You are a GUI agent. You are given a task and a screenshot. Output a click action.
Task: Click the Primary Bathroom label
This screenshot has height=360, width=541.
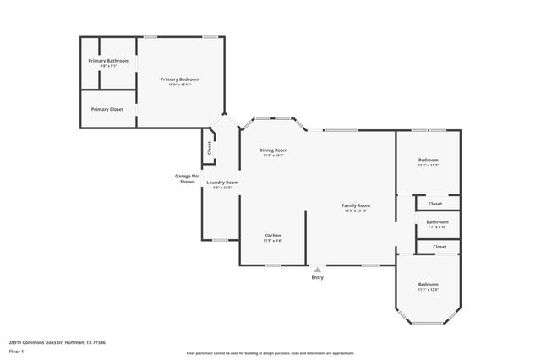click(109, 61)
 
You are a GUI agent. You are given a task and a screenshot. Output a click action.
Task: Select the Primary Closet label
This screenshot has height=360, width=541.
click(107, 109)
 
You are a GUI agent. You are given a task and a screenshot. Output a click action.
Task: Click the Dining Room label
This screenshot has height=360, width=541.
click(273, 150)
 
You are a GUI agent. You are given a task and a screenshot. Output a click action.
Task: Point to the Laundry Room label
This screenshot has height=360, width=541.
click(222, 183)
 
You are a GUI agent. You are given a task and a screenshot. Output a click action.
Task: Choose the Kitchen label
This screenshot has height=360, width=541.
click(272, 235)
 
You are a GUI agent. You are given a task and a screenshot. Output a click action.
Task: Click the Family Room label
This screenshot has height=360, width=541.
click(356, 205)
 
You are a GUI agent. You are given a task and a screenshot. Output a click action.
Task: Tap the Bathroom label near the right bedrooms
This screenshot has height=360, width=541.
click(437, 222)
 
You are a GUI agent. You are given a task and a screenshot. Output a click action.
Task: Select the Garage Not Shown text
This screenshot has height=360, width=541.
click(185, 178)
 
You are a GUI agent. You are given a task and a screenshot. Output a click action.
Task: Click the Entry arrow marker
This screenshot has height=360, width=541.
click(317, 270)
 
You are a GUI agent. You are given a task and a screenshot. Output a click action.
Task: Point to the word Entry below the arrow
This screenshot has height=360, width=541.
click(317, 277)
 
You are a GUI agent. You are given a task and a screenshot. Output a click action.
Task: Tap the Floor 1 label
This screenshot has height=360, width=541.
click(16, 350)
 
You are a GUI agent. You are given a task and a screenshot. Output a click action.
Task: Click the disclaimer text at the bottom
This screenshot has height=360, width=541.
click(270, 352)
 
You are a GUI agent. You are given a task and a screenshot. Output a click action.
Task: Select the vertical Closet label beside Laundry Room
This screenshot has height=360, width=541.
click(209, 147)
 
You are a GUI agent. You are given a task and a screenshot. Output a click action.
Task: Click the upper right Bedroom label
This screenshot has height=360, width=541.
click(428, 160)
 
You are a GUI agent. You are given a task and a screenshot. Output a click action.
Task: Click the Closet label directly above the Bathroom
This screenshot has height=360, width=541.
click(434, 203)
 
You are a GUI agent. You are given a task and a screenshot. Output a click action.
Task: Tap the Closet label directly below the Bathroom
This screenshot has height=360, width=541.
click(440, 246)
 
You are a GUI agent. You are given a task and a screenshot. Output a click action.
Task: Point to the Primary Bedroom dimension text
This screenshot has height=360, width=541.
click(183, 85)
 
